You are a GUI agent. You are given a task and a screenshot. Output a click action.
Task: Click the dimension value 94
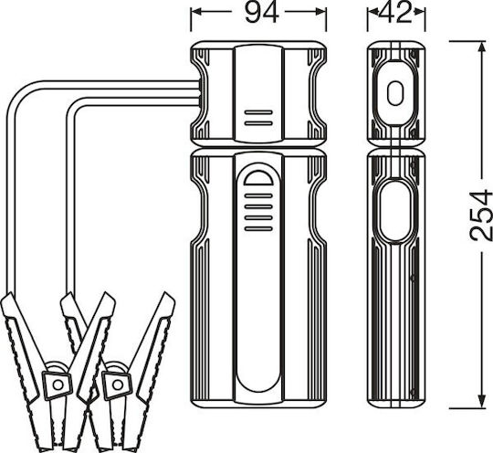262,13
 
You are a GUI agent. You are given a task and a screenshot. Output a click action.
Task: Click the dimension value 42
395,13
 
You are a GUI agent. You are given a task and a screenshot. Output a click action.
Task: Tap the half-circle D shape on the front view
258,178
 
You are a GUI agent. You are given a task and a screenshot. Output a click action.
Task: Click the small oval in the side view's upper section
395,93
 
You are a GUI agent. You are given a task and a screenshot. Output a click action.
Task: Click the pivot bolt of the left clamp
58,385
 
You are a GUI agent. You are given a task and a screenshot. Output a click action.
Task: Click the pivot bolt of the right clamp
118,385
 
